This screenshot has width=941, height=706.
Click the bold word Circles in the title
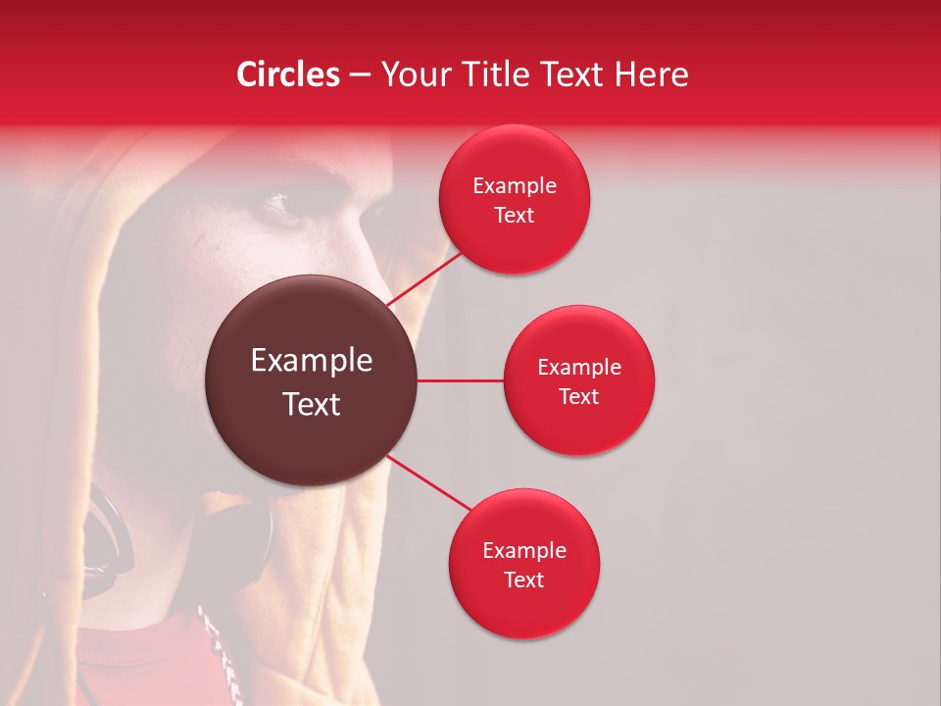pyautogui.click(x=287, y=75)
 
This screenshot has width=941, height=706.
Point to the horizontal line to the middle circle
pyautogui.click(x=460, y=380)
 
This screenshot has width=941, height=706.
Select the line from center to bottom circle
pyautogui.click(x=427, y=482)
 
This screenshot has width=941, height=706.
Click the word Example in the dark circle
pyautogui.click(x=312, y=361)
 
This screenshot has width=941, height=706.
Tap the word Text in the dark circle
pyautogui.click(x=312, y=404)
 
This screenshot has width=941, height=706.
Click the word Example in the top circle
pyautogui.click(x=515, y=186)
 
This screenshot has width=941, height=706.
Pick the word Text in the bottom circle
pyautogui.click(x=523, y=580)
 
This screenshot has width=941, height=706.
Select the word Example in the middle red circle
pyautogui.click(x=579, y=368)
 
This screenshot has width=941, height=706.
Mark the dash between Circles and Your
pyautogui.click(x=360, y=76)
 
